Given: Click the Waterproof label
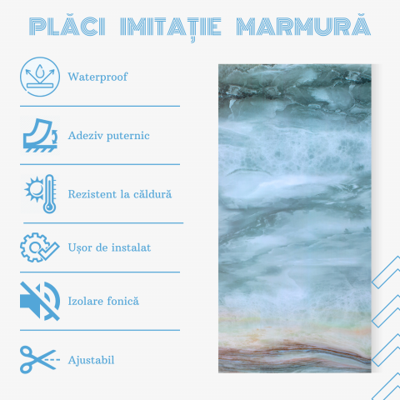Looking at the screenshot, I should (98, 77).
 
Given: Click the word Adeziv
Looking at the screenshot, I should (85, 135).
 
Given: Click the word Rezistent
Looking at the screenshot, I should (94, 193).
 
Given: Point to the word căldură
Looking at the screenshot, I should (151, 193).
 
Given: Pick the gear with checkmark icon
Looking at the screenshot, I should (39, 247).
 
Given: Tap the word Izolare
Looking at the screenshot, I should (87, 301).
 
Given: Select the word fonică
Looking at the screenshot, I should (124, 301).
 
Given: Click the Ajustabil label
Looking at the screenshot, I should (92, 360).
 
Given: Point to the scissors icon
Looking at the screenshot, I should (39, 359).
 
